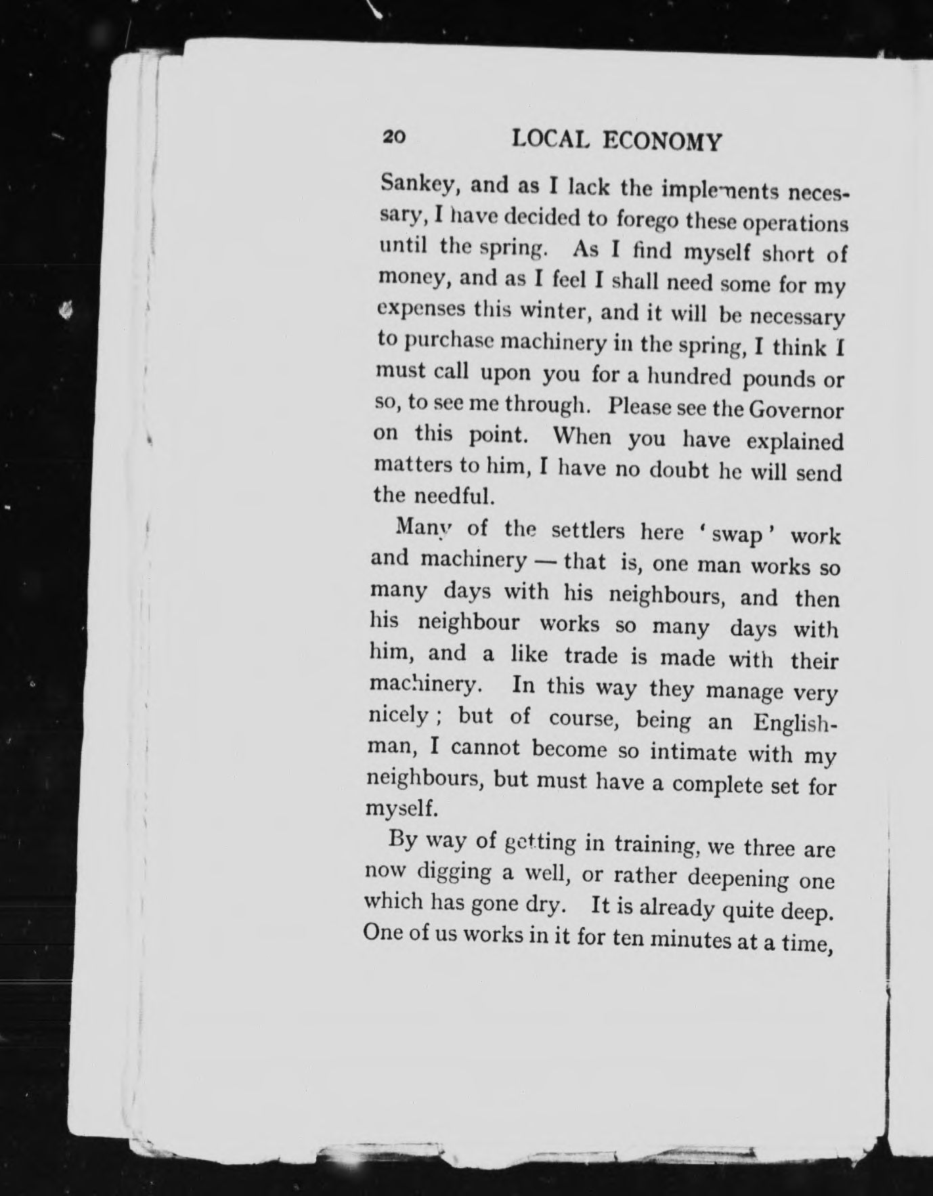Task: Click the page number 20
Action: [x=395, y=136]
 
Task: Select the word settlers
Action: [x=588, y=530]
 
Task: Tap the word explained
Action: [x=795, y=442]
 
